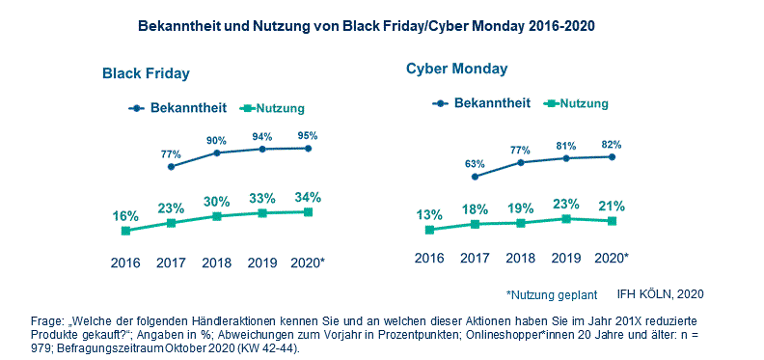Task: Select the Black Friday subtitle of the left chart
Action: [x=147, y=73]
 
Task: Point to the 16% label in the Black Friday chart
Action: [x=125, y=215]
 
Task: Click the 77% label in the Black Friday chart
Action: [x=171, y=153]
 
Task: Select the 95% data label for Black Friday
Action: [x=308, y=135]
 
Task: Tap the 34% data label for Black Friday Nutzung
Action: [x=308, y=197]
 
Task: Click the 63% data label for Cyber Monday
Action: [x=475, y=164]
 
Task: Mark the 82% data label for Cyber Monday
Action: [x=612, y=144]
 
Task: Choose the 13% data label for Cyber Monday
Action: [x=429, y=214]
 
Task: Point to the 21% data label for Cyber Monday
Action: [x=612, y=206]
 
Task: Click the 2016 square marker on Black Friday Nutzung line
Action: [x=125, y=230]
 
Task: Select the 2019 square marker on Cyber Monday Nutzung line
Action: [x=566, y=219]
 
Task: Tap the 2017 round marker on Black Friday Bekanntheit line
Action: [x=171, y=167]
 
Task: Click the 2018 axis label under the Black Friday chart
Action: [x=216, y=262]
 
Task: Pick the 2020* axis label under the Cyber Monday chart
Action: [x=612, y=258]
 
